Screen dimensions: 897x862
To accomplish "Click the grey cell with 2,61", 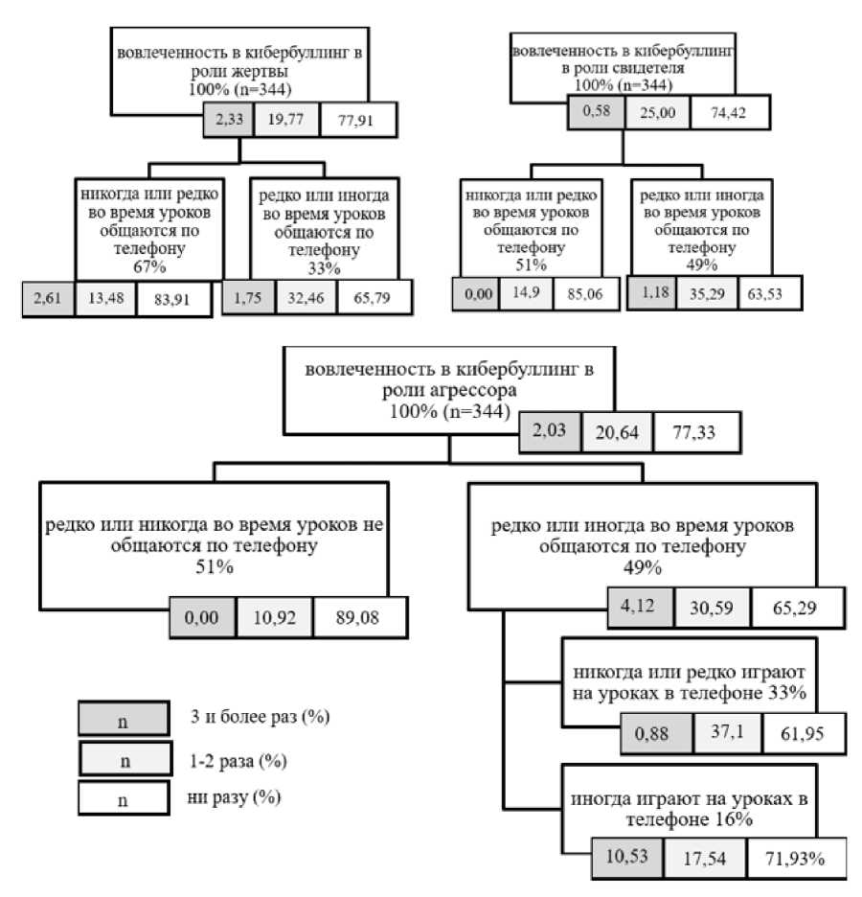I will (x=45, y=297).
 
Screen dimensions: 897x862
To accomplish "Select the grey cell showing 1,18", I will (x=653, y=293).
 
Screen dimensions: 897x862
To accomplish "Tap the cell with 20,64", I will (x=618, y=434).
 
